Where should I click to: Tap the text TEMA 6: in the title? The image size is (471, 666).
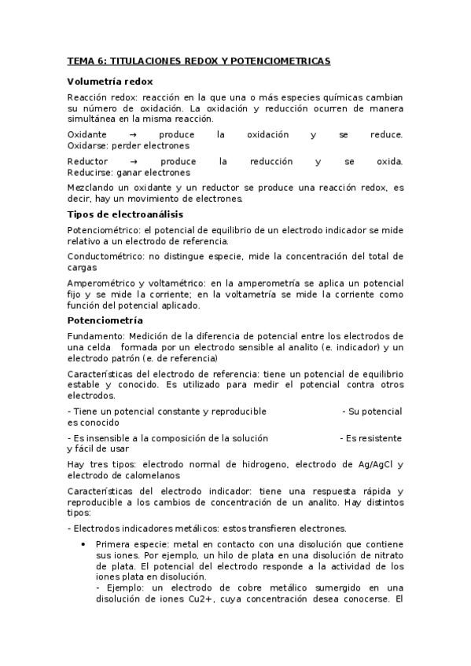click(86, 60)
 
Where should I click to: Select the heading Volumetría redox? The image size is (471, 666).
click(110, 81)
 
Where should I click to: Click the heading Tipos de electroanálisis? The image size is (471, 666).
click(126, 214)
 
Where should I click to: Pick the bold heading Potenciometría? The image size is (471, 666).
click(105, 320)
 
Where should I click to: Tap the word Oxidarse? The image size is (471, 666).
click(89, 145)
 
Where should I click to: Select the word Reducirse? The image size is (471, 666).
click(90, 172)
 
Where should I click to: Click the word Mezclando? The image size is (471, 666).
click(95, 188)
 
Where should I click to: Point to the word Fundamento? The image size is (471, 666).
click(94, 336)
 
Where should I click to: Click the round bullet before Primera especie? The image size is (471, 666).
click(83, 543)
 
